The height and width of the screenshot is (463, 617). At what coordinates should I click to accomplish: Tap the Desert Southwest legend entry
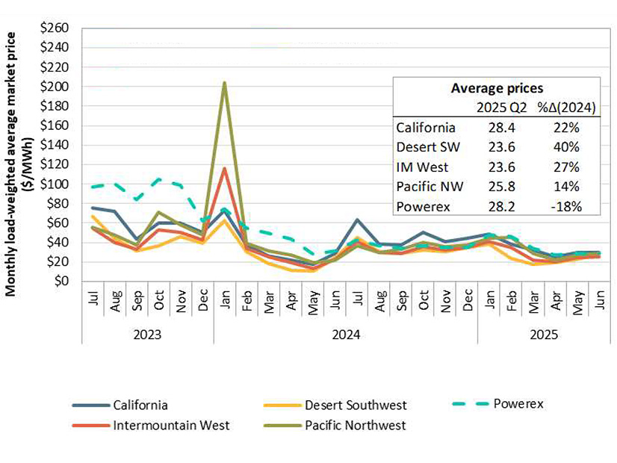pos(356,405)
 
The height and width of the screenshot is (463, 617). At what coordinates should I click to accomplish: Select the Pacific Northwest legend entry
pos(355,426)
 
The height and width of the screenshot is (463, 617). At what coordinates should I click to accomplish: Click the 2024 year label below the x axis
pos(344,335)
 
